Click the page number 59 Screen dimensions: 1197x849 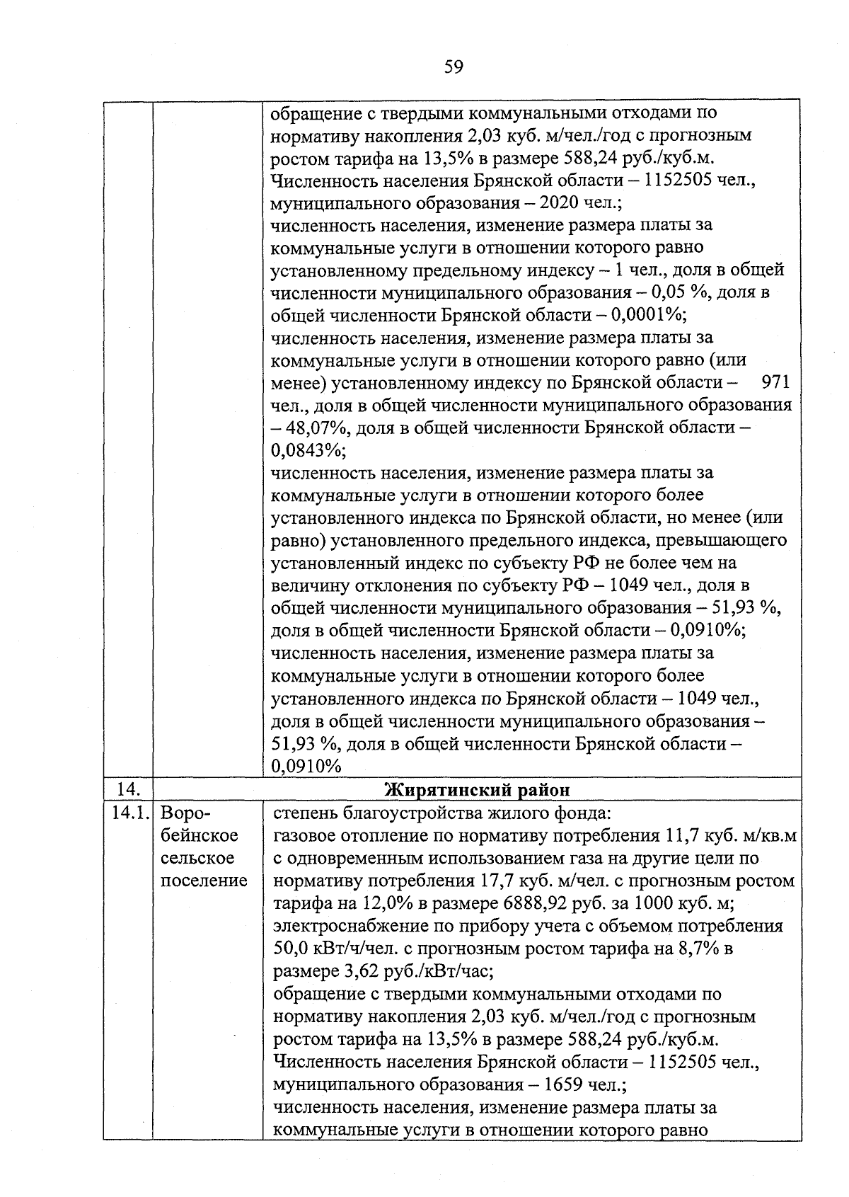pyautogui.click(x=454, y=67)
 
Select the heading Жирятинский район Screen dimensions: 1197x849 pyautogui.click(x=477, y=790)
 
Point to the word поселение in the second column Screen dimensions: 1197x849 pyautogui.click(x=204, y=881)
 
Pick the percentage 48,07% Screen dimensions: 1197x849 pyautogui.click(x=317, y=428)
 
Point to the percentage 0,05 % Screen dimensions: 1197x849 pyautogui.click(x=668, y=292)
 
